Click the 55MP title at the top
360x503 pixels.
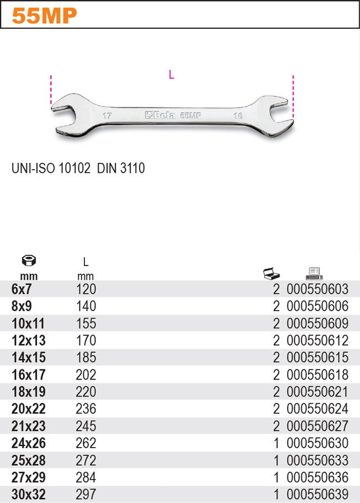click(x=44, y=16)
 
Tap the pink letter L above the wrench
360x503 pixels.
click(x=172, y=75)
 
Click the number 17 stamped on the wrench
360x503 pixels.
click(x=107, y=117)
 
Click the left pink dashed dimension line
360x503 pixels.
click(x=50, y=90)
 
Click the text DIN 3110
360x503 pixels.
click(x=121, y=168)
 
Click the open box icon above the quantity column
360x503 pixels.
click(x=271, y=274)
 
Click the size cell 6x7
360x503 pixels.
click(x=23, y=289)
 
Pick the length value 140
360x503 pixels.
click(x=85, y=306)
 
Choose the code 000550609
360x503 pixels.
click(x=317, y=323)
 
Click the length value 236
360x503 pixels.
click(x=85, y=409)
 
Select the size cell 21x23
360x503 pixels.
click(x=28, y=426)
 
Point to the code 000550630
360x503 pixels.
click(x=317, y=443)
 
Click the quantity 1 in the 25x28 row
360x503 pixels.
click(x=276, y=460)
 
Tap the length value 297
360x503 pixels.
click(x=85, y=495)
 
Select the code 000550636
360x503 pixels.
click(x=317, y=478)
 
